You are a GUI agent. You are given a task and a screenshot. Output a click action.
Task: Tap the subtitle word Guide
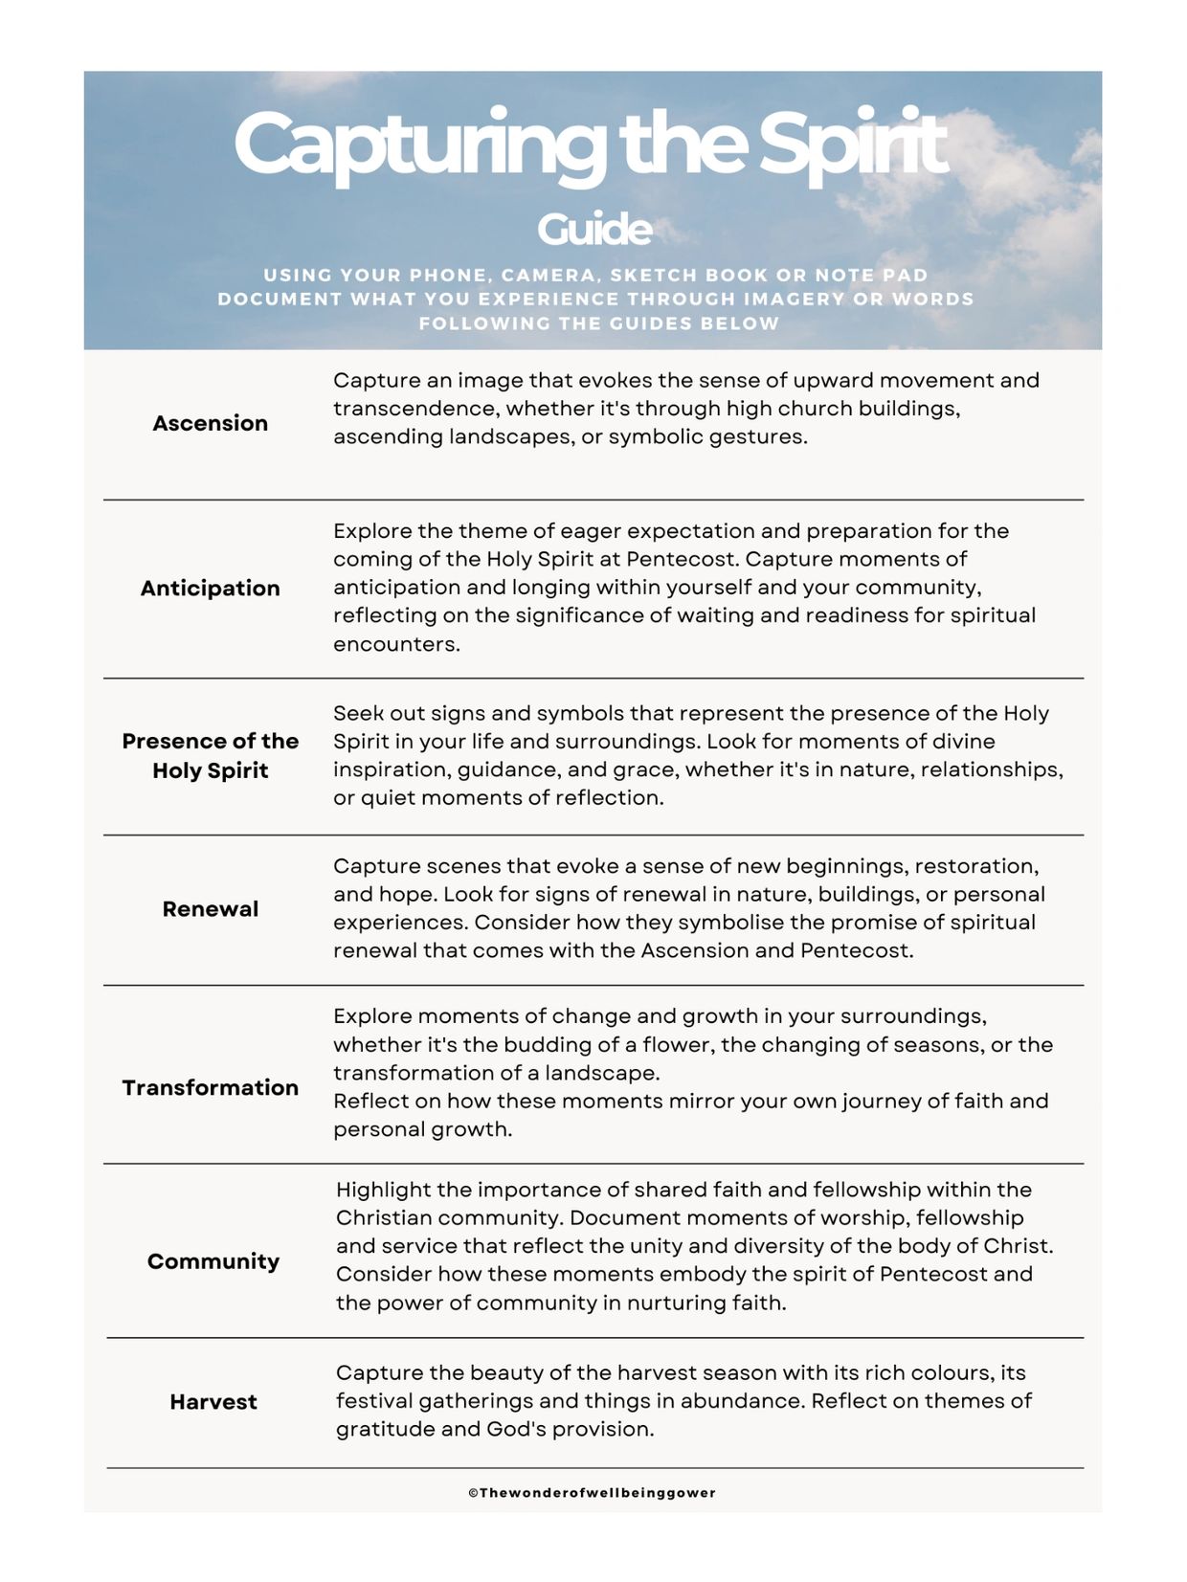594,230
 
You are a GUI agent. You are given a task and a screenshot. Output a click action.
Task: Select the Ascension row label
211,423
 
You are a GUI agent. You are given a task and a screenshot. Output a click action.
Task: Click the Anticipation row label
211,588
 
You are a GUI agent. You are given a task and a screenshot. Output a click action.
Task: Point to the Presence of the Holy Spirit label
211,755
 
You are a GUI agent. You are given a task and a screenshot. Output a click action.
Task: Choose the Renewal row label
211,908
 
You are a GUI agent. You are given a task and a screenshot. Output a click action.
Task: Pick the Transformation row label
211,1087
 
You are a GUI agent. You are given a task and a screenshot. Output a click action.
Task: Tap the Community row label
213,1260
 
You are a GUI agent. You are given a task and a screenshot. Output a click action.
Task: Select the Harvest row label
213,1401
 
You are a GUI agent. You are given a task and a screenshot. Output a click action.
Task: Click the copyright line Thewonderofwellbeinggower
593,1492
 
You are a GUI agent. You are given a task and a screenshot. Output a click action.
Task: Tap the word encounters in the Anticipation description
396,644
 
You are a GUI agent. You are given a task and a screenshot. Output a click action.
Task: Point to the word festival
373,1401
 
